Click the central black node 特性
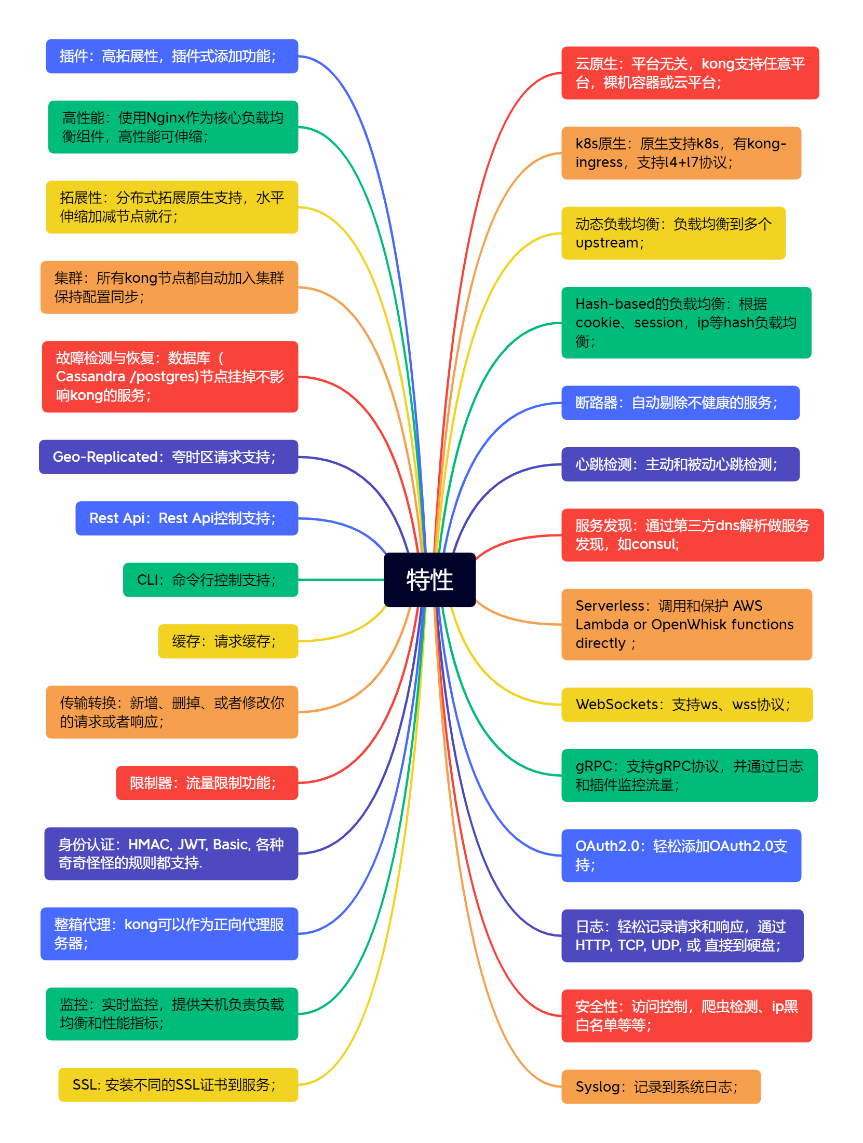[429, 580]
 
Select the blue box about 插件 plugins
[172, 56]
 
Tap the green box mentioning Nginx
[173, 127]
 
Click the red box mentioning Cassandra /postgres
[170, 377]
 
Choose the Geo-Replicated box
[168, 457]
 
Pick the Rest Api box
[186, 518]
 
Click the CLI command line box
[210, 580]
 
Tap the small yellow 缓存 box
[228, 641]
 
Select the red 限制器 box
[207, 783]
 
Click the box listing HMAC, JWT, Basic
[171, 853]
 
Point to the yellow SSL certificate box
[178, 1085]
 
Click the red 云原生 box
[690, 73]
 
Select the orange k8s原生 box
[681, 153]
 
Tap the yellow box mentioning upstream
[673, 233]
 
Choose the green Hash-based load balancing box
[686, 323]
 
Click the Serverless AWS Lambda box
[686, 625]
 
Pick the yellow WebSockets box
[686, 705]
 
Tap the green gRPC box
[689, 776]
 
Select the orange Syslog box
[660, 1087]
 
